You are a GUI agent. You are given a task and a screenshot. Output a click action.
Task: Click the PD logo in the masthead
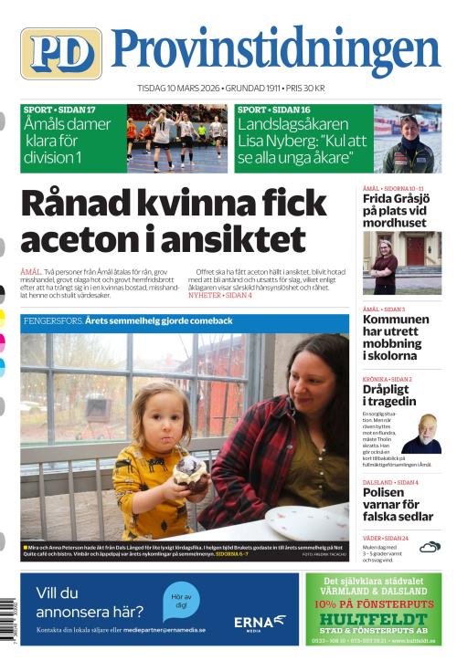tap(60, 53)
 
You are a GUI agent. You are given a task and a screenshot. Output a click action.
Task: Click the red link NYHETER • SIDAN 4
tap(220, 296)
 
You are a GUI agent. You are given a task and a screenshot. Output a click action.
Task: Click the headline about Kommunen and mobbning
tap(396, 338)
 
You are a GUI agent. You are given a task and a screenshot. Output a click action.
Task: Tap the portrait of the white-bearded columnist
tap(422, 434)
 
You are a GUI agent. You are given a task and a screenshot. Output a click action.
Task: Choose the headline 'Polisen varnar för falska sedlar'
tap(396, 506)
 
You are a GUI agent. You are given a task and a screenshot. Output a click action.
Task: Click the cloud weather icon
tap(430, 547)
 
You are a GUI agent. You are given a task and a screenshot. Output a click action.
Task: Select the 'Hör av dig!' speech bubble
tap(180, 602)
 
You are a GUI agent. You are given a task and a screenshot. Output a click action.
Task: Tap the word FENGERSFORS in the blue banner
tap(53, 321)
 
